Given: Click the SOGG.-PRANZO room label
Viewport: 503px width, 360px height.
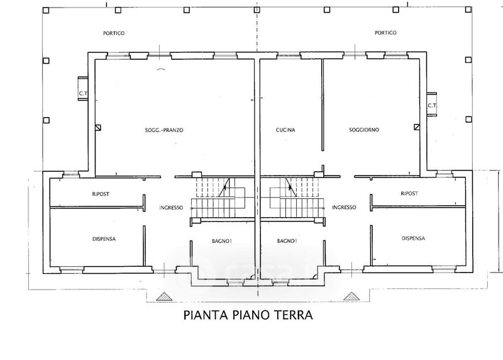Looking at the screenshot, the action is point(164,130).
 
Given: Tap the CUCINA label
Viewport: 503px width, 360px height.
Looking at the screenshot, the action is point(285,130).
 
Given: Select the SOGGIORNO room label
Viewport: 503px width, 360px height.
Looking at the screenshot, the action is point(364,130).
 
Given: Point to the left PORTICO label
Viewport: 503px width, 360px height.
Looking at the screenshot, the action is point(114,33).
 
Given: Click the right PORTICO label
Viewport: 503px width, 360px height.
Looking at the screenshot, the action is point(385,33).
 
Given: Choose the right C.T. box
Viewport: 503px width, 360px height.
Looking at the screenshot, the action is point(431,104).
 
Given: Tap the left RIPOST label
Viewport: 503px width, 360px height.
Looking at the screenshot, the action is point(101,194).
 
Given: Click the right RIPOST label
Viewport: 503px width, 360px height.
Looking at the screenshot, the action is point(409,193).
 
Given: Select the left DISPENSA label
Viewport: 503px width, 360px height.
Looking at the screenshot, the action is point(104,239).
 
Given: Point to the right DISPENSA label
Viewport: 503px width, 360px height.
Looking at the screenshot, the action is point(413,239).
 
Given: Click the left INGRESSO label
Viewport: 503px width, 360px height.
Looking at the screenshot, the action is point(171,208).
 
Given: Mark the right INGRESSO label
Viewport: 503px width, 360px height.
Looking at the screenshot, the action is point(344,208).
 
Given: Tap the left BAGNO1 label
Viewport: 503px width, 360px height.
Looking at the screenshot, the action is point(222,241).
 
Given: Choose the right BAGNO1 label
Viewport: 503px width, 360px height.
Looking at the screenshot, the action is point(287,241).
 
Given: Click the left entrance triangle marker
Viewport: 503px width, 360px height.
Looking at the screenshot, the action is point(163,297).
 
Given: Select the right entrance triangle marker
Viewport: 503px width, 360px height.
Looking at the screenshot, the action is point(351,296).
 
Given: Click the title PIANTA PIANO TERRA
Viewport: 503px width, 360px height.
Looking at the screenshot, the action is point(248,315).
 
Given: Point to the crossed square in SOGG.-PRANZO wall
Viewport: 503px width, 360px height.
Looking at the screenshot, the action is point(99,128).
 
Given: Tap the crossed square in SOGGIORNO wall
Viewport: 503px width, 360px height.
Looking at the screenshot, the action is point(416,127).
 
